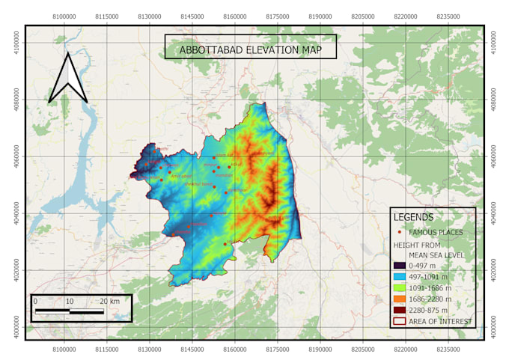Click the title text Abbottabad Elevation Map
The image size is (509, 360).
(x=250, y=51)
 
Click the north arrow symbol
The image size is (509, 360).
(x=68, y=78)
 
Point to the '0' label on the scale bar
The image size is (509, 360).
(x=35, y=301)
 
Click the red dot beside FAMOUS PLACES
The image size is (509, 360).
(x=398, y=232)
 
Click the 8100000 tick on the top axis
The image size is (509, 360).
(x=64, y=16)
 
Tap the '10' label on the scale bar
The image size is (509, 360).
(x=70, y=301)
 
